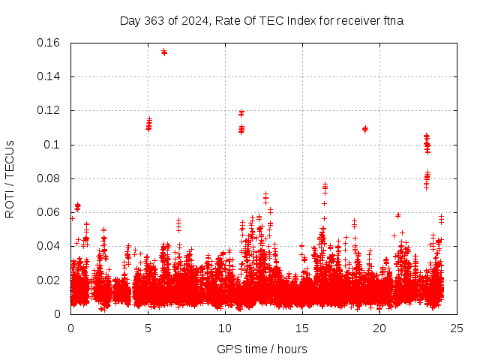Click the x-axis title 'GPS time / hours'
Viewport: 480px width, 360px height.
262,349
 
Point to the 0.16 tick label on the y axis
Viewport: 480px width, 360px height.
49,43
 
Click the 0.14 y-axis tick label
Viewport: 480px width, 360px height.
49,76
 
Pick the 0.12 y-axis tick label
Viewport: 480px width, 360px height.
49,110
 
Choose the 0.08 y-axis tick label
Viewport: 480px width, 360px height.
49,178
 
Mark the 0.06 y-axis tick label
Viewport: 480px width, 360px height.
49,212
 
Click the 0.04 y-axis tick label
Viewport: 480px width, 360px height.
49,246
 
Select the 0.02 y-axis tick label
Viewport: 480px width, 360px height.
49,280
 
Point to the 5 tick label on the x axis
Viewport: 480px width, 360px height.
148,328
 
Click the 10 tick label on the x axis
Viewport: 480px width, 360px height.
225,328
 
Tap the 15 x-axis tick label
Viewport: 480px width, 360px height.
302,328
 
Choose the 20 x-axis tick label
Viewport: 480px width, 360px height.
379,328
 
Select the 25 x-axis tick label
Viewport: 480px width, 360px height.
457,328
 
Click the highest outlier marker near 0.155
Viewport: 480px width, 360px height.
164,52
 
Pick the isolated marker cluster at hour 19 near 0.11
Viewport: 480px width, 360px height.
365,129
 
